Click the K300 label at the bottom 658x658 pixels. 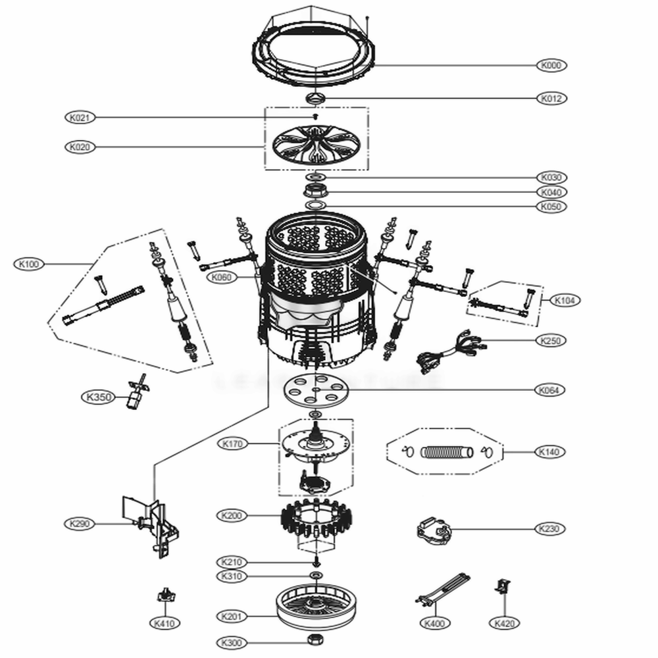pos(231,642)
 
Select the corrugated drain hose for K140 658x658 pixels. pos(446,452)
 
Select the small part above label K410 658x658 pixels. pos(164,595)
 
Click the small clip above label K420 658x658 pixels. pos(502,585)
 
